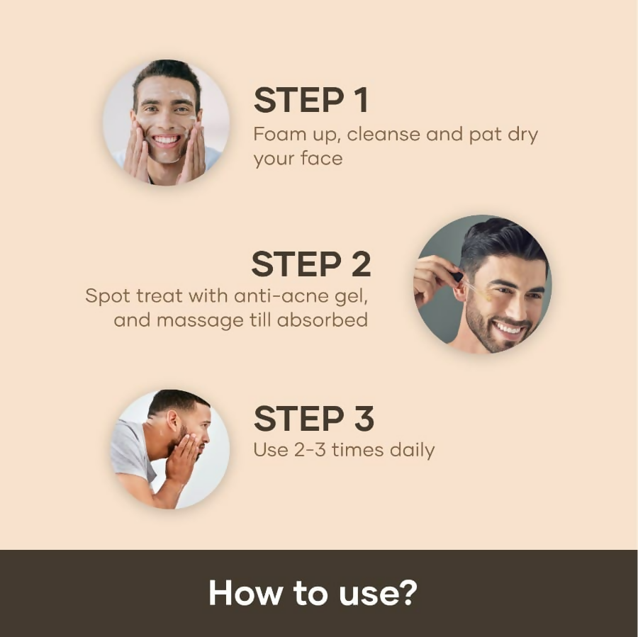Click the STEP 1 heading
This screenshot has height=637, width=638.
310,101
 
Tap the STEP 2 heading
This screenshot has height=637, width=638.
310,264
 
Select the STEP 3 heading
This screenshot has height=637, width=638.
313,419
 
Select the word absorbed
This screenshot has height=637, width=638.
323,320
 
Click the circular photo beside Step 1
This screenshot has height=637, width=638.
167,122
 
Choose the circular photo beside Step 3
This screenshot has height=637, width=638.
170,449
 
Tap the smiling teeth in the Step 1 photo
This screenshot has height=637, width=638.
167,139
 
